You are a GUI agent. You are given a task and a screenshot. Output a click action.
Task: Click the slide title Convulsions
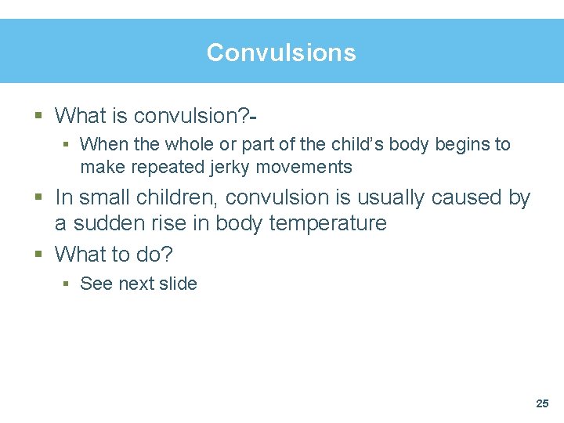pos(281,52)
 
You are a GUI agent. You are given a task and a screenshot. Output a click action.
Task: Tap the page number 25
pos(542,403)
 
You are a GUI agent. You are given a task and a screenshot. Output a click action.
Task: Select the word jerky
pos(229,167)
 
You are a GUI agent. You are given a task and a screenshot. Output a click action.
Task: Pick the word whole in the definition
pos(180,144)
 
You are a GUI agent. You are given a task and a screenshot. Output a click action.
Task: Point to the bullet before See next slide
pos(68,284)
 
